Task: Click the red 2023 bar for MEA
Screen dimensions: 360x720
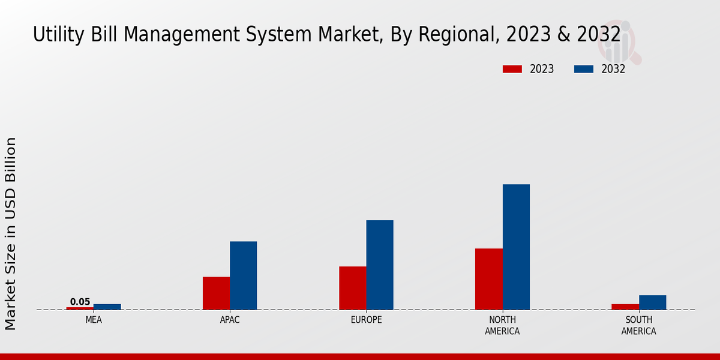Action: tap(80, 308)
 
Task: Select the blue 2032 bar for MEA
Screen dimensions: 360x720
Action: tap(107, 307)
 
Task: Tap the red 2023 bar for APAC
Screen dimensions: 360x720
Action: tap(216, 293)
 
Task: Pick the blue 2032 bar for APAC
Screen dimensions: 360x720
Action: tap(243, 275)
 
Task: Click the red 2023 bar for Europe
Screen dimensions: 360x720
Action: tap(352, 288)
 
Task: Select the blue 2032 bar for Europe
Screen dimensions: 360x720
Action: tap(380, 265)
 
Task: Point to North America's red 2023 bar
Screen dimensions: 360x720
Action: tap(488, 279)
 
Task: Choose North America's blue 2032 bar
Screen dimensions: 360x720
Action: tap(516, 247)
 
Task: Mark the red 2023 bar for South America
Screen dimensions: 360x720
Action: tap(625, 307)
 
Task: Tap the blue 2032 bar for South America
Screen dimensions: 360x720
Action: tap(652, 302)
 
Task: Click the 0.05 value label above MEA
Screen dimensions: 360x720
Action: tap(80, 302)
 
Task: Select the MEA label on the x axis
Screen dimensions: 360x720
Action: tap(94, 320)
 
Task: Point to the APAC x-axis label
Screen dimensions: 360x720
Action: tap(230, 320)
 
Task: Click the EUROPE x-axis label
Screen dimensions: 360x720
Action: tap(366, 320)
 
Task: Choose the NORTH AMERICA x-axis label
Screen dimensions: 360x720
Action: tap(502, 326)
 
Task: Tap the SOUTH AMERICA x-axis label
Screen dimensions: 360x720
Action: tap(638, 326)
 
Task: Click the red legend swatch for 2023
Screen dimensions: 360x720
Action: tap(512, 69)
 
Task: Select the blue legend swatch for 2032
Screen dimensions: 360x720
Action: tap(583, 69)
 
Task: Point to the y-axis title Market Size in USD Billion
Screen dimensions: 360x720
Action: tap(11, 233)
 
